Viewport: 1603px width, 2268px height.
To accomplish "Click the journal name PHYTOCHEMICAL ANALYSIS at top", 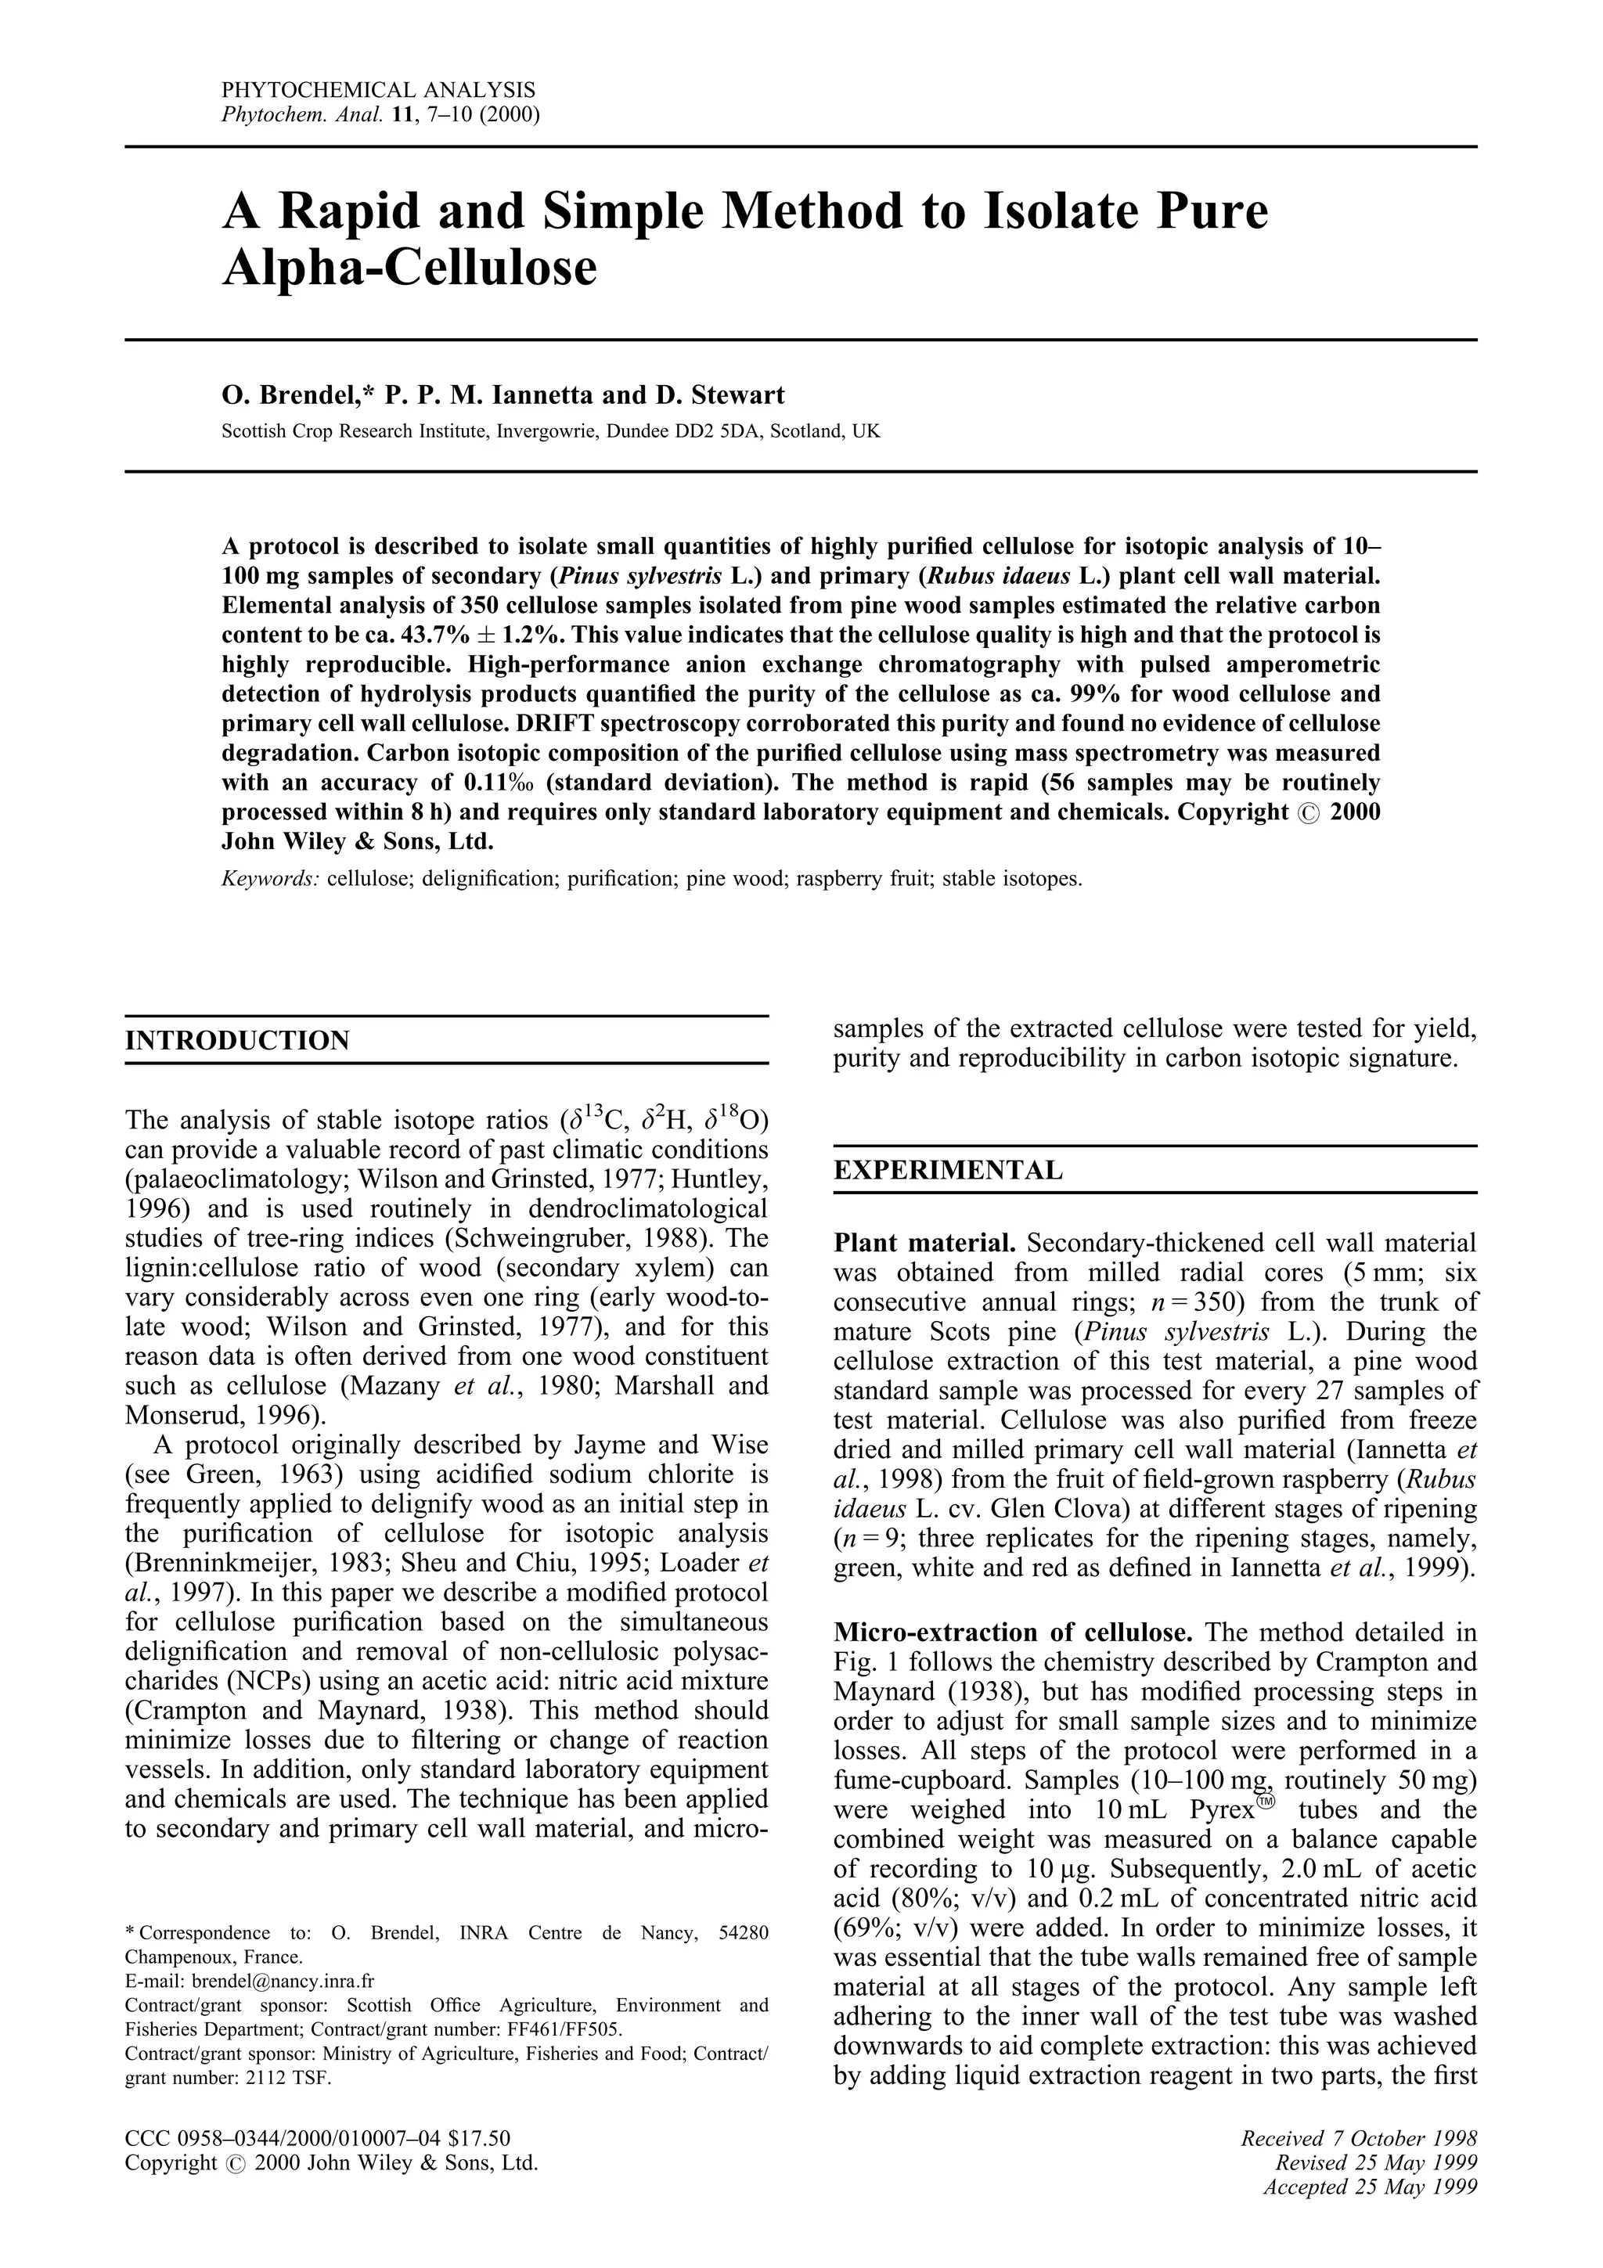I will tap(378, 91).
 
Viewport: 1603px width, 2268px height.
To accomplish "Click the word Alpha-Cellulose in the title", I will tap(410, 267).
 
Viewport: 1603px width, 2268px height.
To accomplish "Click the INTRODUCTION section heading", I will tap(237, 1041).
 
